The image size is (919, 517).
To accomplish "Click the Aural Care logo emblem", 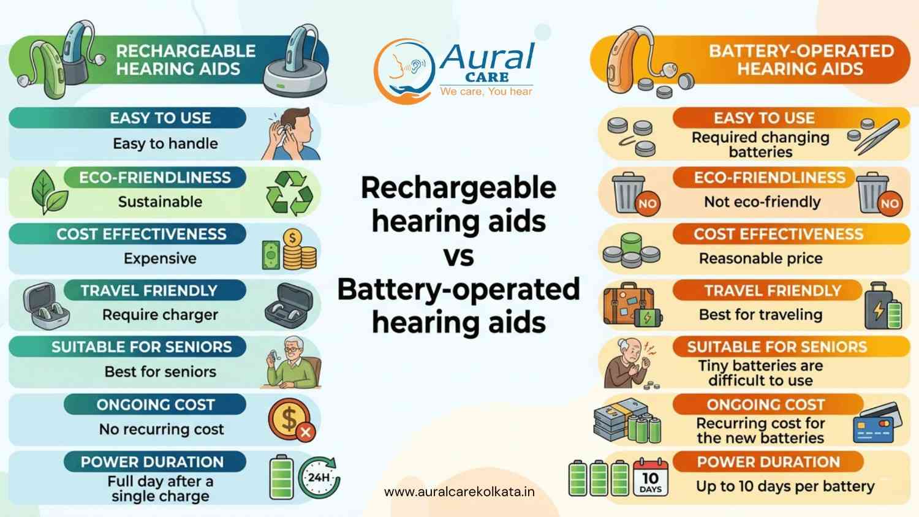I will pyautogui.click(x=404, y=71).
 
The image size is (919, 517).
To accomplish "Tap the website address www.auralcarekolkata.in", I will pyautogui.click(x=459, y=491).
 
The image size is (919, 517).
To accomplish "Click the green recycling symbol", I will pyautogui.click(x=290, y=193).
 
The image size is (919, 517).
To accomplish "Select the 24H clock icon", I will pyautogui.click(x=319, y=477).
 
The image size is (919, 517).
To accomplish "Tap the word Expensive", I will pyautogui.click(x=160, y=258).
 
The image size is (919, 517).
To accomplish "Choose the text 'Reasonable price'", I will pyautogui.click(x=760, y=258).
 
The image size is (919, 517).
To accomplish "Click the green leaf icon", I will pyautogui.click(x=48, y=192).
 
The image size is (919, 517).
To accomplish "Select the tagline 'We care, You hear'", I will pyautogui.click(x=486, y=91).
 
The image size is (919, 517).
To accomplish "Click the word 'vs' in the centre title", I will pyautogui.click(x=458, y=256).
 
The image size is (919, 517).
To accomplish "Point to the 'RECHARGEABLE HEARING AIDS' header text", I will pyautogui.click(x=186, y=60).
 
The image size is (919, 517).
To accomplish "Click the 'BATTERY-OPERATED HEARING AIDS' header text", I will pyautogui.click(x=801, y=60).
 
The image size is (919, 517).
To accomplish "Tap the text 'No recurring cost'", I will pyautogui.click(x=161, y=429).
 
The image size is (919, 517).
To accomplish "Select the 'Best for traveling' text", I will pyautogui.click(x=760, y=315).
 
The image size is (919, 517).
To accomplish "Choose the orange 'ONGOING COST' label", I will pyautogui.click(x=765, y=405).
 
